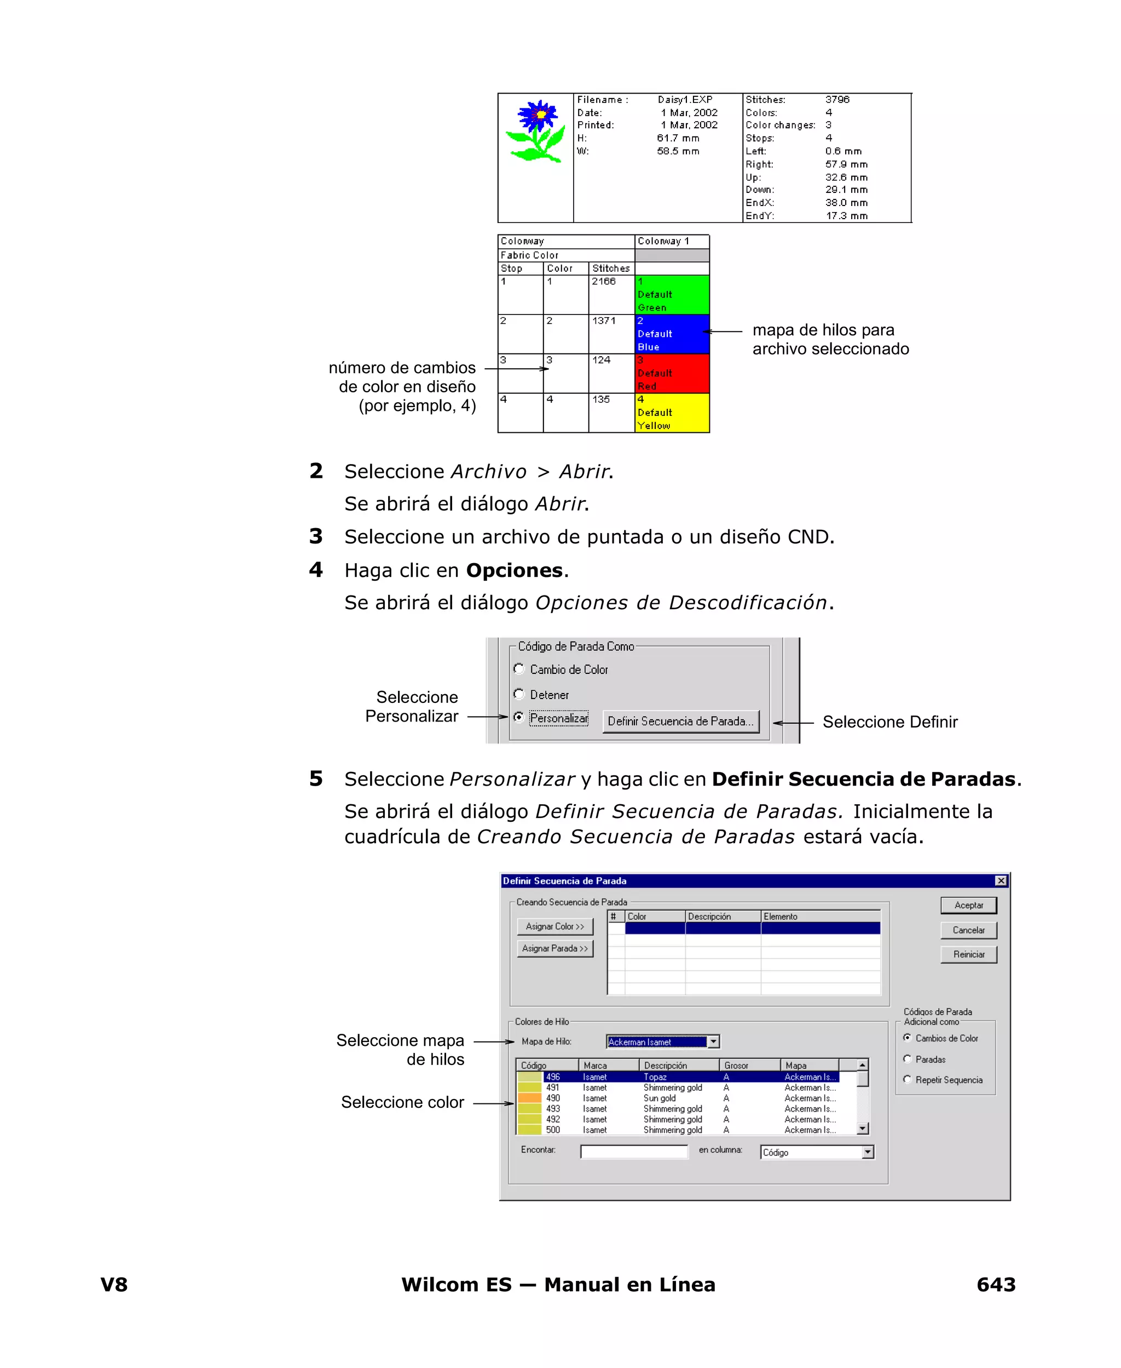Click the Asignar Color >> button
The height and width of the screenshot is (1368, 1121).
coord(554,926)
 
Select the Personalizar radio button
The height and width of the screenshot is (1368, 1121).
coord(518,717)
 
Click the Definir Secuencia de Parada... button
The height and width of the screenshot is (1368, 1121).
coord(680,721)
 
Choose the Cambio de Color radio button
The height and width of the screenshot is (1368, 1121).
coord(518,668)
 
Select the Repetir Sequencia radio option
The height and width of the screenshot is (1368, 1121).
coord(908,1079)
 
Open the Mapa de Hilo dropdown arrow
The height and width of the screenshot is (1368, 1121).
coord(713,1041)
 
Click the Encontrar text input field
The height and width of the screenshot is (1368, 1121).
coord(633,1152)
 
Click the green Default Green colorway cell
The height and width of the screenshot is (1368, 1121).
coord(672,295)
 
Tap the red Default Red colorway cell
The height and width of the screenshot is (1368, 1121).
coord(672,374)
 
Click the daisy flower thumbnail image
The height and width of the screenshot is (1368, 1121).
coord(536,131)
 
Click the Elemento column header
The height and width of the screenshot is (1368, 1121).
coord(819,917)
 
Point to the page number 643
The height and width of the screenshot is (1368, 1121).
coord(996,1284)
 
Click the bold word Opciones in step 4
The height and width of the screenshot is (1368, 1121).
coord(514,570)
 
